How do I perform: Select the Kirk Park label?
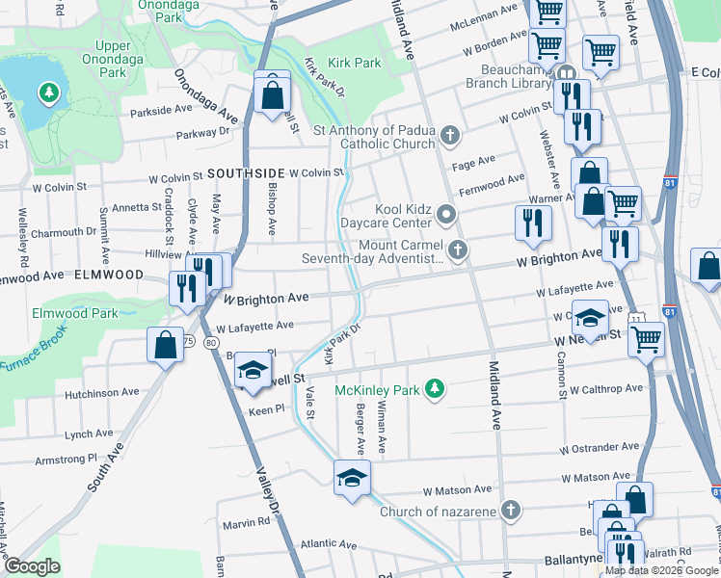[x=355, y=63]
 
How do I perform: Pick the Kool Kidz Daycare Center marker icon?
[x=444, y=212]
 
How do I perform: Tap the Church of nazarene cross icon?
[x=512, y=511]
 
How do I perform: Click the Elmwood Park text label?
[x=75, y=313]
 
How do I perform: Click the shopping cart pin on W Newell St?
[x=646, y=338]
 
